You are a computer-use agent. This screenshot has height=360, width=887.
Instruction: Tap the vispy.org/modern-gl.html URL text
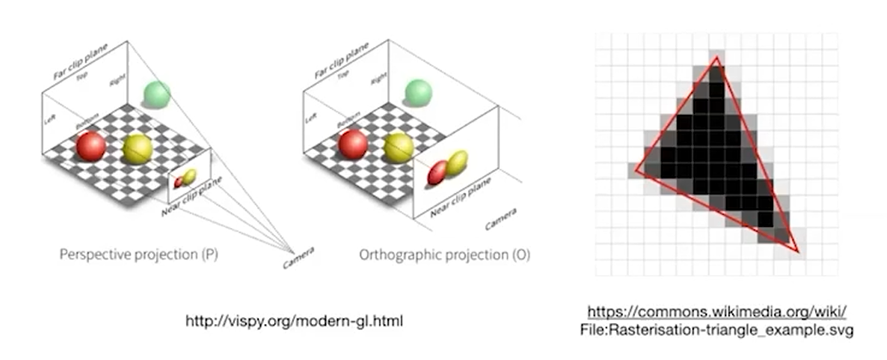click(x=295, y=321)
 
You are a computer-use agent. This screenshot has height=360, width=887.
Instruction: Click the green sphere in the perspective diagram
click(x=157, y=93)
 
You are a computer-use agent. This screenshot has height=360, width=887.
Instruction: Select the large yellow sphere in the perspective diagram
click(x=137, y=150)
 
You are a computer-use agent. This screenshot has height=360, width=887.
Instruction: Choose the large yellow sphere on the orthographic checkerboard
click(x=398, y=147)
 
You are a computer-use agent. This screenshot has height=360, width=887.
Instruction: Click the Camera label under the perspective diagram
click(x=299, y=256)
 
